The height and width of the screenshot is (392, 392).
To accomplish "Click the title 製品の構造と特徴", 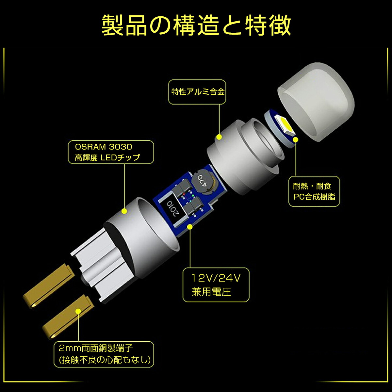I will [x=196, y=25].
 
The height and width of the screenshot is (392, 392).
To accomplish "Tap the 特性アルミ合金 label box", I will [x=198, y=92].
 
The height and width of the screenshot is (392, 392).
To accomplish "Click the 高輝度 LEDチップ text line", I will [x=107, y=157].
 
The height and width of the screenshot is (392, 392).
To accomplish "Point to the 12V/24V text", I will [x=216, y=278].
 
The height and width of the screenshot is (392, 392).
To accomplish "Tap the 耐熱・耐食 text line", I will [x=312, y=186].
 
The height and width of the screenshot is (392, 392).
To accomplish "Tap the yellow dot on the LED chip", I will [x=296, y=140].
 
